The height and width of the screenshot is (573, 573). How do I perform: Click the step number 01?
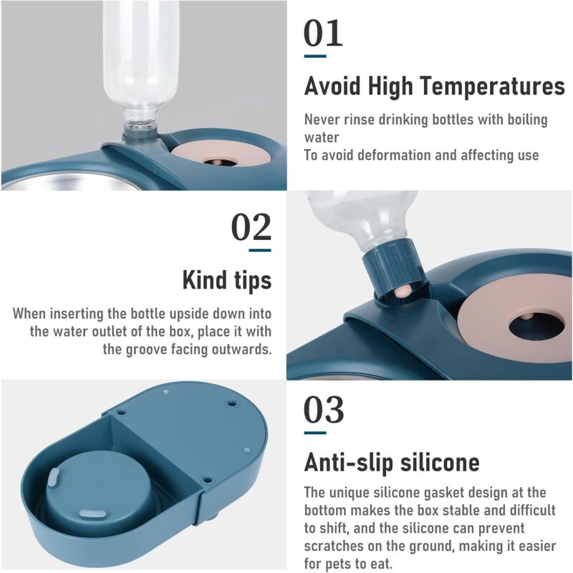[x=324, y=33]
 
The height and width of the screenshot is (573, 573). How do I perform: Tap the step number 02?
[x=251, y=227]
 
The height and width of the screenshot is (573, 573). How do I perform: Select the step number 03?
[x=324, y=409]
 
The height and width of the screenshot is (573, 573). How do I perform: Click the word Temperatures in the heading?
[x=492, y=86]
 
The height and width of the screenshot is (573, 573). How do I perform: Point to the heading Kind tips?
[x=227, y=280]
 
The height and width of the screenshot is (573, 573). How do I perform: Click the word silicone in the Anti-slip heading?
[x=440, y=462]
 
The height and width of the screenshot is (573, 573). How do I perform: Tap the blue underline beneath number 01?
[x=315, y=57]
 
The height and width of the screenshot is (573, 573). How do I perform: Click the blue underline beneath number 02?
[x=260, y=250]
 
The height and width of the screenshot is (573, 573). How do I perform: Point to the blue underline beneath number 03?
[x=315, y=433]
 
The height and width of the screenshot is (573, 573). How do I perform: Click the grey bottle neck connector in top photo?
[x=140, y=131]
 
